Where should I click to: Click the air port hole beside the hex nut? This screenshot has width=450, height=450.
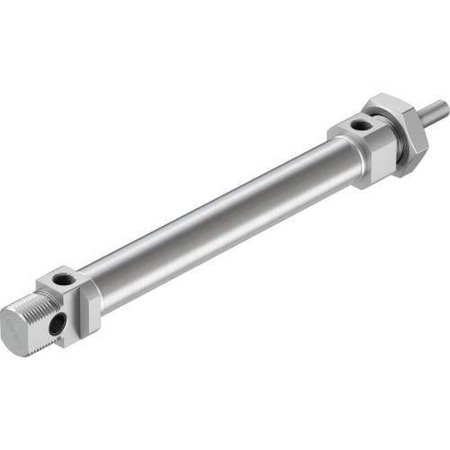pyautogui.click(x=360, y=123)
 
